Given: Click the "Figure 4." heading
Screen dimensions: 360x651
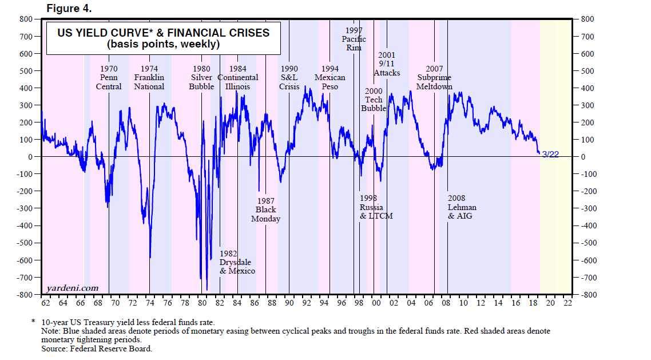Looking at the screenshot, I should click(x=69, y=9).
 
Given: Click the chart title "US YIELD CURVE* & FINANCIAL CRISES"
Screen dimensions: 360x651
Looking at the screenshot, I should click(x=163, y=33).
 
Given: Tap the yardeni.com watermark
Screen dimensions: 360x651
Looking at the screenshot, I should click(x=72, y=288).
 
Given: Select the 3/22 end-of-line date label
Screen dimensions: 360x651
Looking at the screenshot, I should click(x=550, y=155).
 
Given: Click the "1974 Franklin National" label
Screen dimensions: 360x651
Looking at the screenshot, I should click(x=149, y=78).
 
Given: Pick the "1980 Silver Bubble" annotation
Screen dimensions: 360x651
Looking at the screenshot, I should click(x=201, y=78).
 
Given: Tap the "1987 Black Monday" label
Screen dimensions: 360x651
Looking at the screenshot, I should click(x=265, y=210).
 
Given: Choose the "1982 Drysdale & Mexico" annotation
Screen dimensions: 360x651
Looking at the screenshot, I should click(x=237, y=262).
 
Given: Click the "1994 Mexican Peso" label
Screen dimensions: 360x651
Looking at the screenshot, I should click(x=330, y=78).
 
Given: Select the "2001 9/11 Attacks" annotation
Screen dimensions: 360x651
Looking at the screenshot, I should click(x=387, y=64).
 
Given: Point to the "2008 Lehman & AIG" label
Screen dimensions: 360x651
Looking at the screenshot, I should click(x=462, y=207).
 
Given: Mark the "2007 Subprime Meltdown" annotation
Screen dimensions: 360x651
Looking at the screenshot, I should click(x=434, y=78).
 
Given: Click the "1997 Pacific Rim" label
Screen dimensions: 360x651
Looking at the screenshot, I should click(x=354, y=39).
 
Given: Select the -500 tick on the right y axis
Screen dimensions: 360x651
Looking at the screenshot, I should click(x=589, y=243).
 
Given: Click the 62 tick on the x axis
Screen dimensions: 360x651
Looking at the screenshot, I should click(x=46, y=302).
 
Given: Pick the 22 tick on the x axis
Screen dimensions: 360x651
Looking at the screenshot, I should click(x=567, y=302).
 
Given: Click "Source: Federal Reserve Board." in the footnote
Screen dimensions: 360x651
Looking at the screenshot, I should click(x=97, y=348).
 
